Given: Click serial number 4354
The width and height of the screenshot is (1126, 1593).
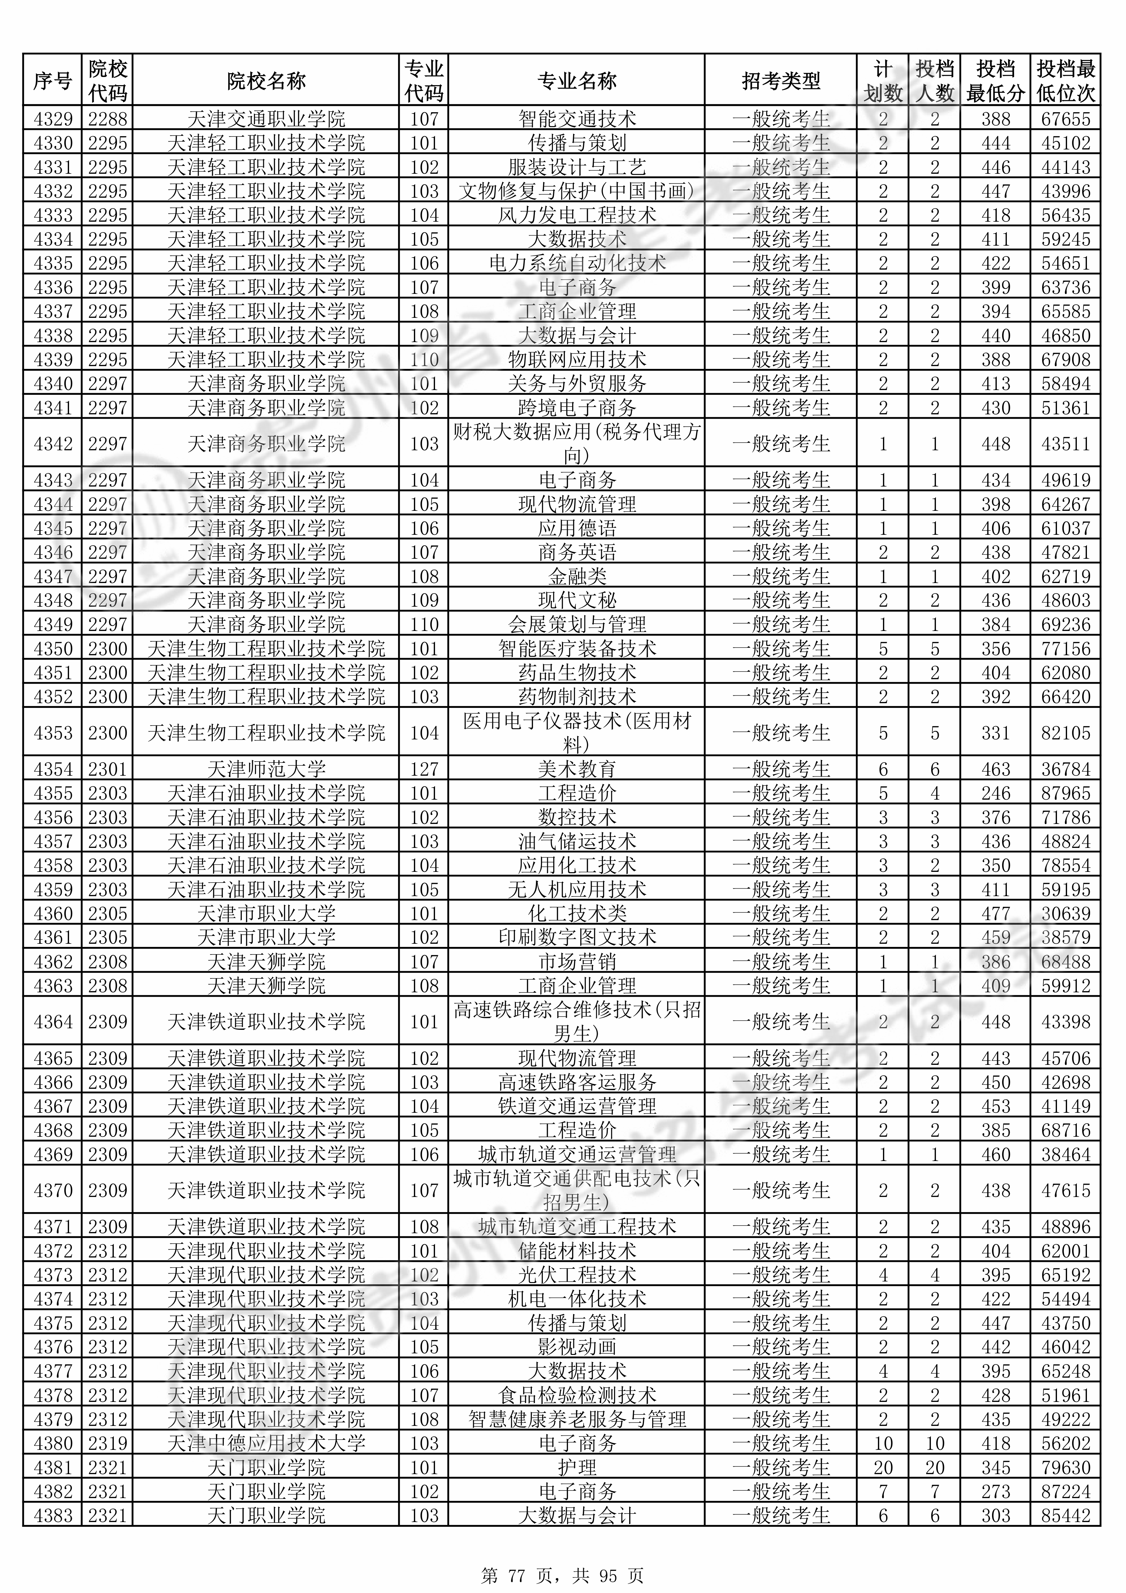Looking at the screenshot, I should pos(53,769).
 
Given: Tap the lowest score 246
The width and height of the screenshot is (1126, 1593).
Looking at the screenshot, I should pos(995,793).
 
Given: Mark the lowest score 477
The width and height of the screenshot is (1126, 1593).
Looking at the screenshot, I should pos(995,913).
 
